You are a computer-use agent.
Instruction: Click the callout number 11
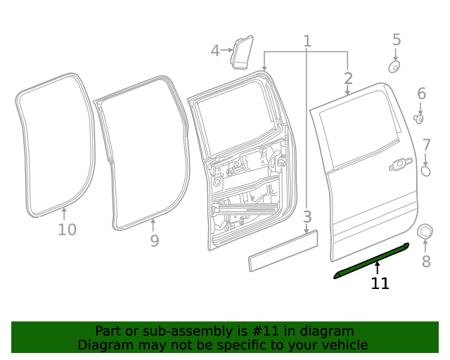pos(380,283)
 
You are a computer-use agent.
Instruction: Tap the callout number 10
pos(67,229)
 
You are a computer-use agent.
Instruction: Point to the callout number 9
pos(154,241)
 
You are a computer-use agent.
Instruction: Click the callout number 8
pos(425,262)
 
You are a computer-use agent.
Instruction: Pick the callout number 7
pos(426,146)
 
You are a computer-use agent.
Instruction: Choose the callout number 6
pos(421,94)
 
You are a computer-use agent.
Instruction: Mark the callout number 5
pos(396,39)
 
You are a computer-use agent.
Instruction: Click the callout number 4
pos(215,50)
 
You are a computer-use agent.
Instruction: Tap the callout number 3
pos(307,216)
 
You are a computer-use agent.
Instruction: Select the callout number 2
pos(348,78)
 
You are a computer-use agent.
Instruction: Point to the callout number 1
pos(307,41)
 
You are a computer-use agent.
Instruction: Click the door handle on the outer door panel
pos(400,165)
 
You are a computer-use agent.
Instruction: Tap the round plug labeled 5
pos(394,67)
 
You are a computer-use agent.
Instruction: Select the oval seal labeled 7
pos(425,171)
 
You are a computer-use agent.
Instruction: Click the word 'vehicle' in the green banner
pos(342,345)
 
